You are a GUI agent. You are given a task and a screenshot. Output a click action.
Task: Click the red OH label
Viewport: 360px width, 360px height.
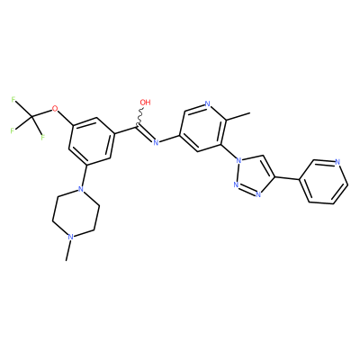tap(145, 103)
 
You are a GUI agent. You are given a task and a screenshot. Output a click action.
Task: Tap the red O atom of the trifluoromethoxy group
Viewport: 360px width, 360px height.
tap(54, 108)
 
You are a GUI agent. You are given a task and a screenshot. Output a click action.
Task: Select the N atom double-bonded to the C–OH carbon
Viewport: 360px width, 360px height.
tap(156, 142)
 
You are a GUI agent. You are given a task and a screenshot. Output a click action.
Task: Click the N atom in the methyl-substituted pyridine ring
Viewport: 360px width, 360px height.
tap(207, 104)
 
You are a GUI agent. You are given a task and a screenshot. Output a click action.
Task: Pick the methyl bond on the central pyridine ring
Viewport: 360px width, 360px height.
tap(238, 117)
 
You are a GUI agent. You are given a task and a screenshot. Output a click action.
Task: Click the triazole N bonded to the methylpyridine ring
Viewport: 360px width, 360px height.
tap(238, 160)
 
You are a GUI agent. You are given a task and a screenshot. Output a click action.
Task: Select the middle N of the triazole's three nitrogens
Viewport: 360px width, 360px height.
tap(236, 184)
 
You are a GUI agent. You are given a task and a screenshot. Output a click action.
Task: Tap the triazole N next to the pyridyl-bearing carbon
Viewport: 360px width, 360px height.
tap(258, 194)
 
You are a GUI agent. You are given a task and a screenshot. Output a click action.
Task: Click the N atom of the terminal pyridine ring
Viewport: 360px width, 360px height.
tap(337, 162)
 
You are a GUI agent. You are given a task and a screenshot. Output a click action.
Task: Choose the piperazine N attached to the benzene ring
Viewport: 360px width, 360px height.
tap(79, 189)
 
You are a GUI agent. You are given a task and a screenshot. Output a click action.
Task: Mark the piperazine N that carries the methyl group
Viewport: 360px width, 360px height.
tap(70, 237)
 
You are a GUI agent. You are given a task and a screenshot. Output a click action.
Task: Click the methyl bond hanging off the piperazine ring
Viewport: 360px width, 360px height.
tap(68, 250)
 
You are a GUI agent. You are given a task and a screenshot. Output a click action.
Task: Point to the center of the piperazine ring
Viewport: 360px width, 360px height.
tap(76, 213)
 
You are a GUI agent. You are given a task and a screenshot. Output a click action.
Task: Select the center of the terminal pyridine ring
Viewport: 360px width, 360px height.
tap(324, 182)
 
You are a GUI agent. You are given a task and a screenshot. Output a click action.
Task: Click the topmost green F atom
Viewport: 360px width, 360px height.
tap(13, 99)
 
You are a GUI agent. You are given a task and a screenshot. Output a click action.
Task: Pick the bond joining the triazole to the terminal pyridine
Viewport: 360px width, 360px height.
tap(287, 178)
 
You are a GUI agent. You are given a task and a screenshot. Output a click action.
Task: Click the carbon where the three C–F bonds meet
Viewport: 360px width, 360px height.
tap(31, 116)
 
